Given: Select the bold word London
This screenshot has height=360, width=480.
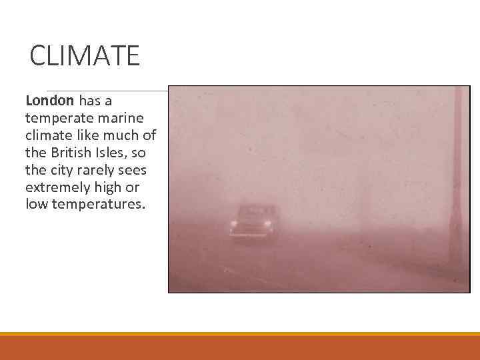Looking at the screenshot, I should coord(49,101).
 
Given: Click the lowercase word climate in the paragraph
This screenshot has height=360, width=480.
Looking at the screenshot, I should coord(47,135).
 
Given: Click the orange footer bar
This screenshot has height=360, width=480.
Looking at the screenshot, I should coord(240,347).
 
